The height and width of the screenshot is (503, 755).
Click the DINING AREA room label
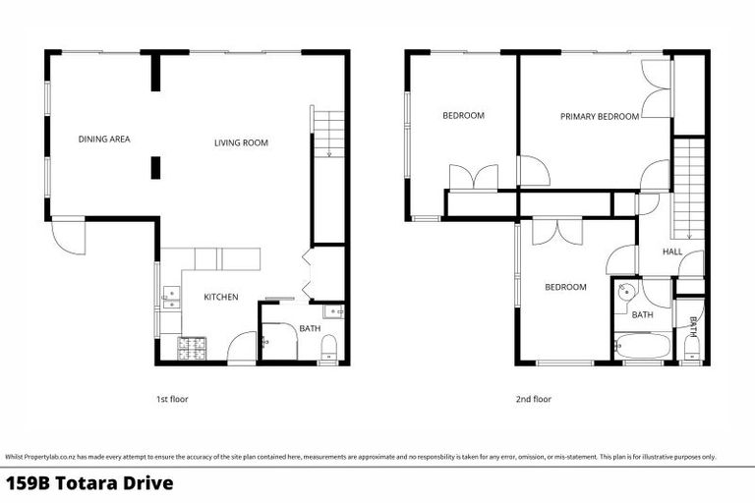[104, 140]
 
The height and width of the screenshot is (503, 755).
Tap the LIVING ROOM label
[241, 143]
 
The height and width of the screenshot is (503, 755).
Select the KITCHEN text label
[220, 297]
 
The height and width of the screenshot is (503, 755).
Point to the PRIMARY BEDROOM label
[599, 117]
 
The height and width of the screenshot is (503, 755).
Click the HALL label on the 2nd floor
[671, 251]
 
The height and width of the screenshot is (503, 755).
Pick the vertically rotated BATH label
[693, 326]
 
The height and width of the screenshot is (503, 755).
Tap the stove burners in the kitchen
[192, 347]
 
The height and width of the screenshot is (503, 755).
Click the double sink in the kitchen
[171, 298]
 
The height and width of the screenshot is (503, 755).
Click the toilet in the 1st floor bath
[330, 345]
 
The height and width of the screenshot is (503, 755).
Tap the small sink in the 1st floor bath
[335, 311]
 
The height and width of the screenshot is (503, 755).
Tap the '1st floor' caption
[171, 400]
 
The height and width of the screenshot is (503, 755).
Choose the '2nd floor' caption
[533, 400]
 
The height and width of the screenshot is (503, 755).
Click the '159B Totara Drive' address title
[89, 483]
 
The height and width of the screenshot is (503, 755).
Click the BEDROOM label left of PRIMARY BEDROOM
[463, 116]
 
